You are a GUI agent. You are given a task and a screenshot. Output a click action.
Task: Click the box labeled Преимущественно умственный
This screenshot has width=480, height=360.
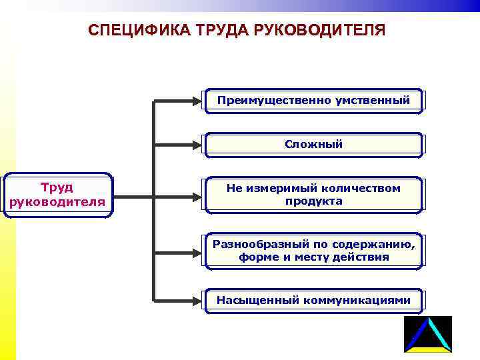tap(313, 101)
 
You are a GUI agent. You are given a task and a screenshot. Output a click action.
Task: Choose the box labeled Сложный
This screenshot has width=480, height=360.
tap(313, 144)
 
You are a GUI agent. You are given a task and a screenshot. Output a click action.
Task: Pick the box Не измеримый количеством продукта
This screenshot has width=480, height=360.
tap(313, 195)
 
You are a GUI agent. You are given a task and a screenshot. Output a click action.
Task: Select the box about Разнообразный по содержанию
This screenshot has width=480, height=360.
tap(313, 250)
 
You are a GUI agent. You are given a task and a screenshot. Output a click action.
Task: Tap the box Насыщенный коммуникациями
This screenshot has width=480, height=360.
tap(313, 300)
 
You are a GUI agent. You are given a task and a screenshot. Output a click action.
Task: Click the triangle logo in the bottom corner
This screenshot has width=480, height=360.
tap(427, 335)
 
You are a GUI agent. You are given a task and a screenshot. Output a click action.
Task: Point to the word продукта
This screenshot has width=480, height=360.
tap(313, 201)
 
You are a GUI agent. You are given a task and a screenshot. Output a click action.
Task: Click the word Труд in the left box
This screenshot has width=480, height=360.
tap(57, 187)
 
